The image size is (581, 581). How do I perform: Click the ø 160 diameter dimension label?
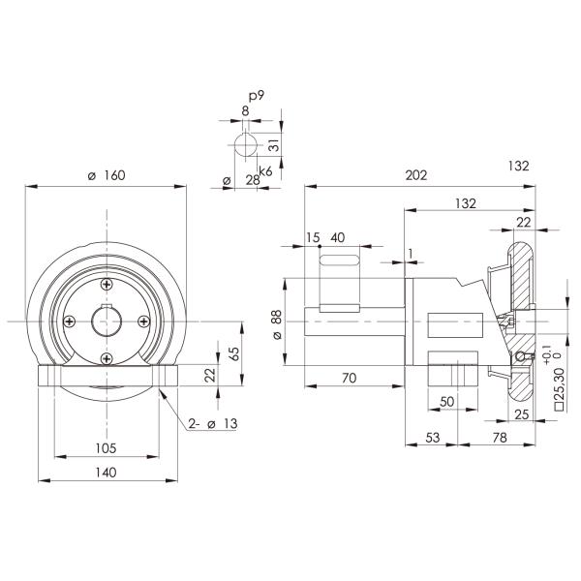(x=107, y=175)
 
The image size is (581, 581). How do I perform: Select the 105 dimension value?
(x=107, y=447)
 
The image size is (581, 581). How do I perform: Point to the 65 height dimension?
(x=233, y=353)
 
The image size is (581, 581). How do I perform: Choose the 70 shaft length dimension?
(x=351, y=378)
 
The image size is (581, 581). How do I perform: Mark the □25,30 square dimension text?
(x=561, y=392)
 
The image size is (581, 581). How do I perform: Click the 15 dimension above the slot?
(x=312, y=238)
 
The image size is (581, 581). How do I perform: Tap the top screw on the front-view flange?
(x=106, y=283)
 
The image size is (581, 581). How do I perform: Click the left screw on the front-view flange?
(x=69, y=321)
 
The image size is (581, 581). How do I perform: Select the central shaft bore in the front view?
(x=106, y=321)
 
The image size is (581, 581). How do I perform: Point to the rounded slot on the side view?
(x=341, y=260)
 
